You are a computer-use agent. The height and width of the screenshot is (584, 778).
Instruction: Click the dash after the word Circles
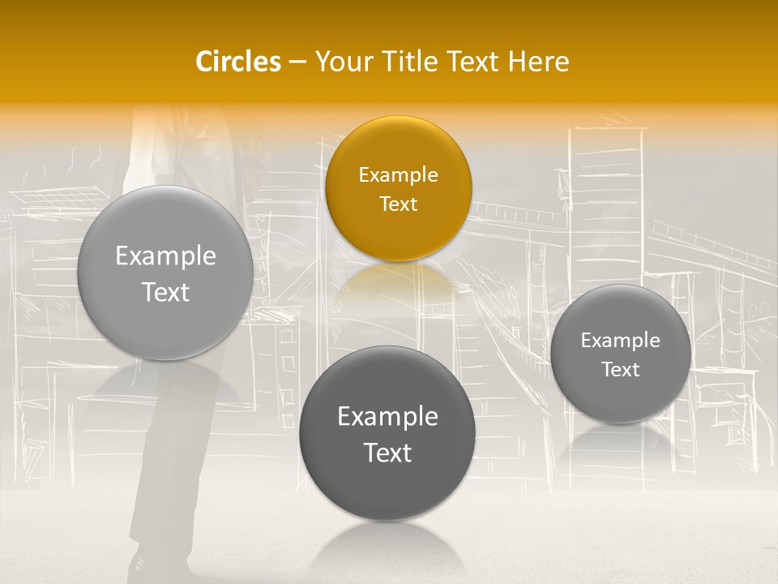point(297,62)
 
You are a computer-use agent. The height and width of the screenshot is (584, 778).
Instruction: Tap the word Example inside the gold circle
point(398,175)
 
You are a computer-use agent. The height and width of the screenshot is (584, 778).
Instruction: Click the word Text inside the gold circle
point(398,204)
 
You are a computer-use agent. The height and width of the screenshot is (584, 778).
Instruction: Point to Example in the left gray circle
point(165,256)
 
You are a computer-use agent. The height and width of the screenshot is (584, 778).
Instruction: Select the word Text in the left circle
point(165,292)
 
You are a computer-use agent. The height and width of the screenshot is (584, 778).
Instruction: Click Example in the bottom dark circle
point(387,417)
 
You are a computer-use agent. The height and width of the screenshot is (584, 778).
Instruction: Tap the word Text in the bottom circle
point(387,453)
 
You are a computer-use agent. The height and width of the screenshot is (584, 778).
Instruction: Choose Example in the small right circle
point(621,341)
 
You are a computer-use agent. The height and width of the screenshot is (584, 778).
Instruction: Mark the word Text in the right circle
point(621,370)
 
